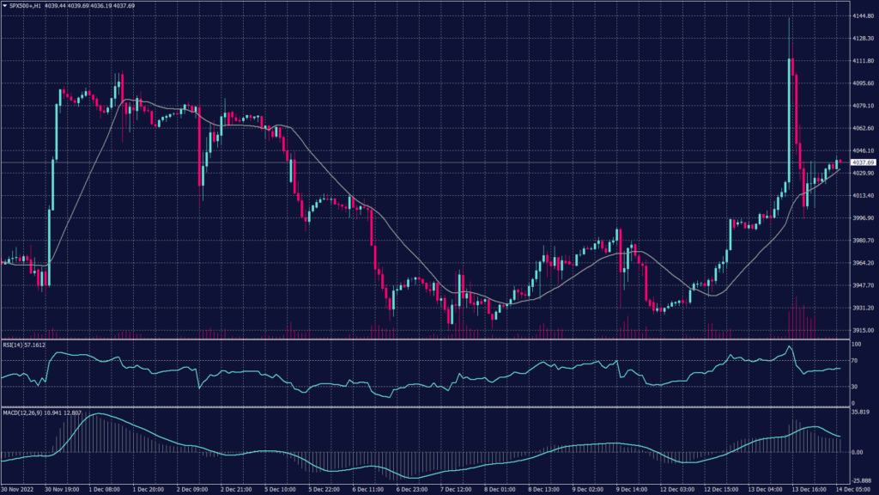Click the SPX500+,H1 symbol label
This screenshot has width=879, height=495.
[x=26, y=6]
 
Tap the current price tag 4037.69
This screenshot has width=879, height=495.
[x=862, y=162]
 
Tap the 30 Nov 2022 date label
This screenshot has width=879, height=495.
[x=21, y=489]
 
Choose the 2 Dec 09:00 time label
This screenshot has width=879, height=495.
[x=194, y=489]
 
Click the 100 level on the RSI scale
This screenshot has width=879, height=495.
[x=854, y=344]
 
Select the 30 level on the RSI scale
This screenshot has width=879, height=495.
[x=852, y=387]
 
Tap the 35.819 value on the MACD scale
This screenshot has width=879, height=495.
[x=859, y=413]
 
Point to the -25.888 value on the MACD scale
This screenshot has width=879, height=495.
[x=859, y=480]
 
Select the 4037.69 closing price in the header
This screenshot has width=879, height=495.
[x=150, y=6]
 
